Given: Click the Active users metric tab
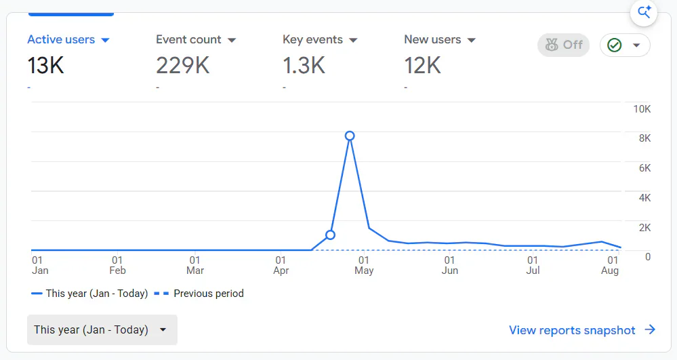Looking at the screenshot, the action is coord(68,40).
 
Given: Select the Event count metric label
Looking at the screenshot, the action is coord(188,40).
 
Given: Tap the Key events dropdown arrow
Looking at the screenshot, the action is coord(353,40).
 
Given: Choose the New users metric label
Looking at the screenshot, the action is coord(432,40).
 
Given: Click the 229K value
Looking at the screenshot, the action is coord(183,66).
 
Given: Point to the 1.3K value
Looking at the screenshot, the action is coord(304,66).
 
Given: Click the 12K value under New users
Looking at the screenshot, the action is coord(422,66).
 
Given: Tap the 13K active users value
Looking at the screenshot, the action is coord(46,66).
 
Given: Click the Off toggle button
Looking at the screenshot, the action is coord(563,45).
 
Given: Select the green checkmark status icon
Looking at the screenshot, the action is coord(615,45).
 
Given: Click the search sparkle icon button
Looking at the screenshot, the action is coord(644,12).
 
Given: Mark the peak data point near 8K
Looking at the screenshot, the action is coord(350,136).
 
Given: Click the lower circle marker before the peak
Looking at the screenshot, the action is coord(330,235).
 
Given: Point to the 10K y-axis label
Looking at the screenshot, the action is coord(642,109).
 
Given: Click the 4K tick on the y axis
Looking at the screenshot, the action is coord(644,198).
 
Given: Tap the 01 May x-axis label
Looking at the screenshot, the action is coord(364,265).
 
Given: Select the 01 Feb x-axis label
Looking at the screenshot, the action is coord(117,265).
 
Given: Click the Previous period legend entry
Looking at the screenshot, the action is coord(199,294).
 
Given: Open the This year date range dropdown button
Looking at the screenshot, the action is coord(102,329).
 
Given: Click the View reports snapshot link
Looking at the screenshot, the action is coord(582,330).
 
